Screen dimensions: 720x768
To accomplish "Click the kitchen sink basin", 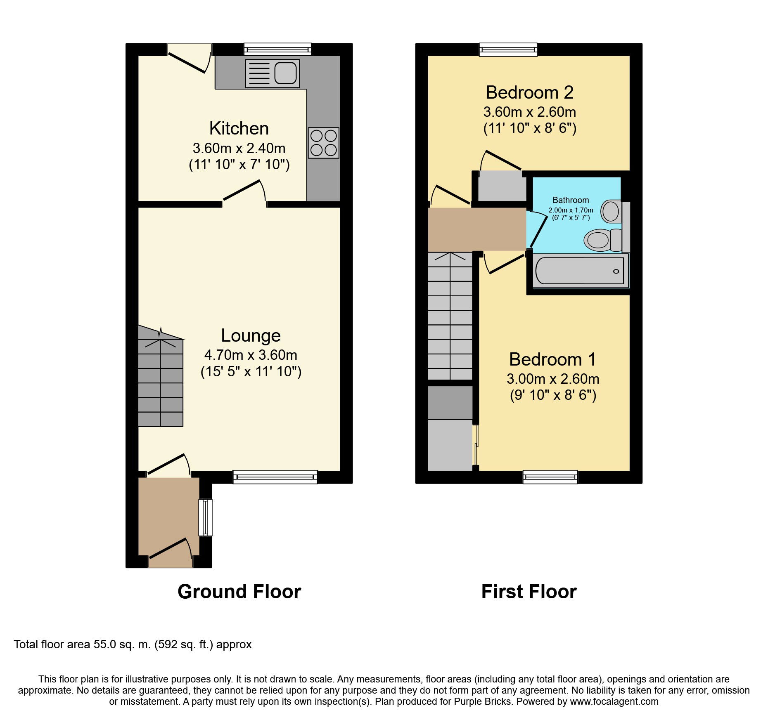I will [x=285, y=73].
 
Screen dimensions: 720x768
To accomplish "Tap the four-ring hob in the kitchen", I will [x=323, y=143].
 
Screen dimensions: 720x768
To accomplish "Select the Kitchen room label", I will [x=239, y=128].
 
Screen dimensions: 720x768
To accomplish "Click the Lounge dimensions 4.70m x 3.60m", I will [x=251, y=355].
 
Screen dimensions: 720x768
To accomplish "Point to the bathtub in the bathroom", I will [x=580, y=271].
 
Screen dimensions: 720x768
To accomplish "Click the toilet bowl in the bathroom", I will [x=597, y=240].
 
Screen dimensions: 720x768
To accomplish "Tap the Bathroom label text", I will [x=571, y=200].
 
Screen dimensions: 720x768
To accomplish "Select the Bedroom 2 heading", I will [x=529, y=92].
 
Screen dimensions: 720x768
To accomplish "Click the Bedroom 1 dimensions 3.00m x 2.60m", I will [x=553, y=379].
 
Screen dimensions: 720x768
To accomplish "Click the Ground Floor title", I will [x=239, y=592].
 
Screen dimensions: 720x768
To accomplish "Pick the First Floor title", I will [x=529, y=592].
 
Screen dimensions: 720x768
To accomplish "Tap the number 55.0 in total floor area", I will [x=105, y=644].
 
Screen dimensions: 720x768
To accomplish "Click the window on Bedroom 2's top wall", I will [x=508, y=50].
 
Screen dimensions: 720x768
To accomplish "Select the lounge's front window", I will [x=275, y=477].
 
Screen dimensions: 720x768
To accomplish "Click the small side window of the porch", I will [x=206, y=517].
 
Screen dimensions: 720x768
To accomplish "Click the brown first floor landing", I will [x=477, y=229].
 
